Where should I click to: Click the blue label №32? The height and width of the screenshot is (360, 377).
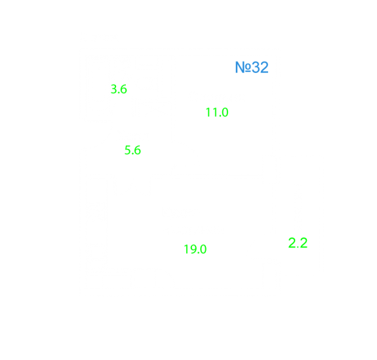click(x=252, y=68)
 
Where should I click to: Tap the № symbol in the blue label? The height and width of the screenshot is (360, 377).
click(x=243, y=68)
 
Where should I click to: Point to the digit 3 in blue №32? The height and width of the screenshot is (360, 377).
click(x=256, y=68)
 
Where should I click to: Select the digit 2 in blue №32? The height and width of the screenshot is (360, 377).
click(x=264, y=68)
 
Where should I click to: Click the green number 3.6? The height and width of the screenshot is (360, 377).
click(x=119, y=89)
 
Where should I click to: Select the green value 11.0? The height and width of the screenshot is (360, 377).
click(x=217, y=112)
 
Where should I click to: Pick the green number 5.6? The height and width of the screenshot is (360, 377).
click(x=132, y=150)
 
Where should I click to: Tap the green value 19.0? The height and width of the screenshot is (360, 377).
click(x=195, y=249)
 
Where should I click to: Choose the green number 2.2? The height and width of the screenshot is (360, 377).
click(x=298, y=243)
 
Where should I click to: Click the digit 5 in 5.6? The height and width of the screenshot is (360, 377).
click(x=127, y=150)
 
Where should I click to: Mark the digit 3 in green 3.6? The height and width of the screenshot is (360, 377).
click(x=113, y=89)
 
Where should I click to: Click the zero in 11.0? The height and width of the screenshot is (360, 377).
click(x=225, y=112)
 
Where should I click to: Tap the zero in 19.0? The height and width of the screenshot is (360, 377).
click(x=203, y=249)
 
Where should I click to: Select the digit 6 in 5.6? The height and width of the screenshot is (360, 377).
click(x=137, y=150)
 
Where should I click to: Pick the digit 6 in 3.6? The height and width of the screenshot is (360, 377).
click(x=123, y=89)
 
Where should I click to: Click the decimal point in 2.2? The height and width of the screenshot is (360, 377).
click(x=298, y=247)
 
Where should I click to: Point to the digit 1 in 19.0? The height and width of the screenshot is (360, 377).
click(x=186, y=249)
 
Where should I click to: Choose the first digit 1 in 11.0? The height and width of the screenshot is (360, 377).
click(x=208, y=112)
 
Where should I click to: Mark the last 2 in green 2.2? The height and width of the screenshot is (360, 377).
click(x=304, y=243)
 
